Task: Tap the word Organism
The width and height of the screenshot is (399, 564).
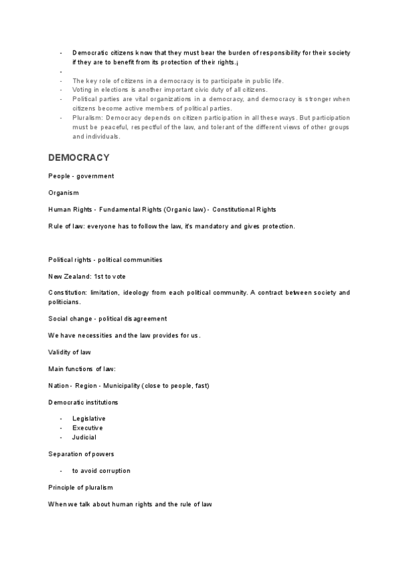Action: pos(63,193)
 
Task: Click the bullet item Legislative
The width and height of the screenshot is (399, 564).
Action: pos(89,418)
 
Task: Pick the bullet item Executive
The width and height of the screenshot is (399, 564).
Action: pos(88,428)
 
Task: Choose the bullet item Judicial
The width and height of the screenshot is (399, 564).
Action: pos(84,438)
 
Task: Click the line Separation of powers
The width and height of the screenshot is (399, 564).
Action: pos(81,454)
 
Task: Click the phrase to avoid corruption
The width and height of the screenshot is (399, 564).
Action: pos(101,471)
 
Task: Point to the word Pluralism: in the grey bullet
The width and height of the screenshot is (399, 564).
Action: pos(88,118)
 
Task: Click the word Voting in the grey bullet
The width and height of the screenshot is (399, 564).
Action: pos(82,90)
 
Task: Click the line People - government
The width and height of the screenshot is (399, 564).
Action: pos(81,176)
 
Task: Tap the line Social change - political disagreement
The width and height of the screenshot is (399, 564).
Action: pos(108,319)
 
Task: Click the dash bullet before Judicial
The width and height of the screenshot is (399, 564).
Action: pos(61,438)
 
